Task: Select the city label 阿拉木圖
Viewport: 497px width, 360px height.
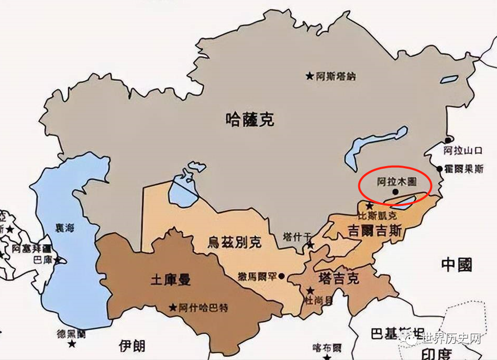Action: pos(396,182)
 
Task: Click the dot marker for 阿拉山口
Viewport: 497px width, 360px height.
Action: pos(448,140)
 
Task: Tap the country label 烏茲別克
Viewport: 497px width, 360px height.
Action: pos(234,242)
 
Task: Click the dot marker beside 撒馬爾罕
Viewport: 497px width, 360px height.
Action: pos(282,276)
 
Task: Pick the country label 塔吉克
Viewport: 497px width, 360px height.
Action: pos(339,278)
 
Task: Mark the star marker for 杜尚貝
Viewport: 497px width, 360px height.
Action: pos(311,290)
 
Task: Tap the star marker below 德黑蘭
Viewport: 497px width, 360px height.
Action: pos(72,344)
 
